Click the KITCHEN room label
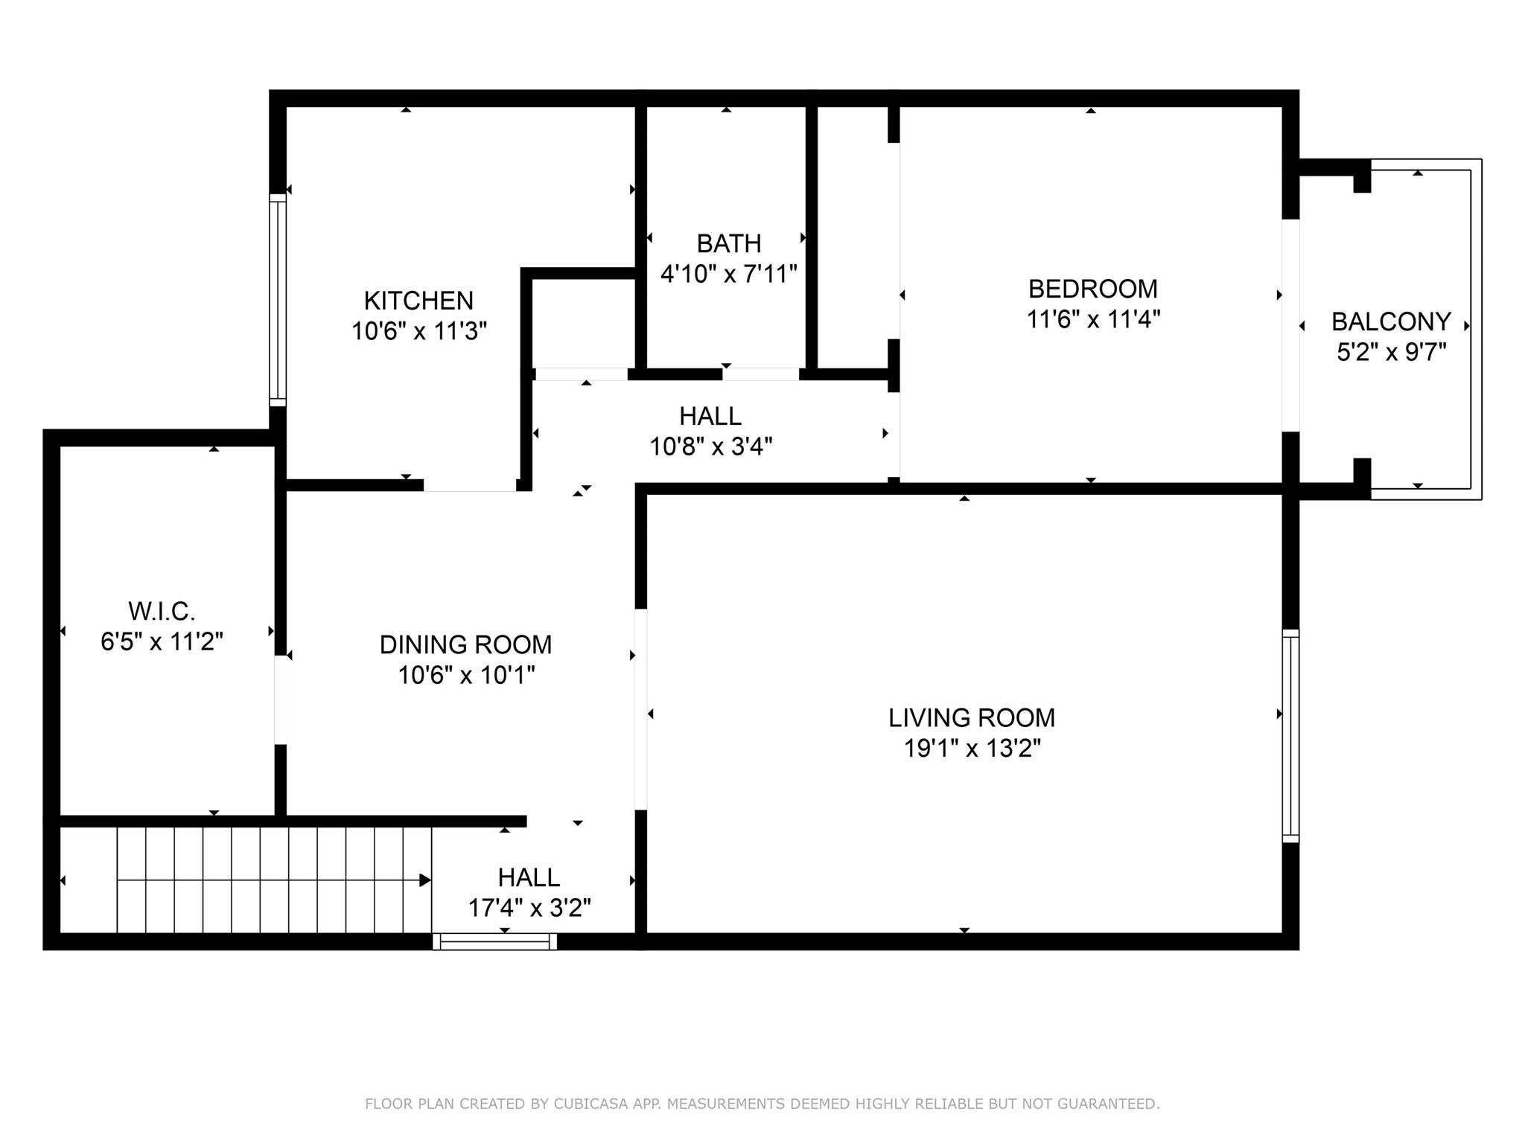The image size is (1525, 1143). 418,301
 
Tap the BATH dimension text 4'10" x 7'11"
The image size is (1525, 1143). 729,274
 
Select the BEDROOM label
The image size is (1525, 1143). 1093,289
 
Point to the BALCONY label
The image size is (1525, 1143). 1391,321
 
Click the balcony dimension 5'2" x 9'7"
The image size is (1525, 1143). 1391,352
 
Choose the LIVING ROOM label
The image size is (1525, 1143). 972,717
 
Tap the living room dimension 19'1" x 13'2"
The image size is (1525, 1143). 972,748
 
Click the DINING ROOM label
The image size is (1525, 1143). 466,644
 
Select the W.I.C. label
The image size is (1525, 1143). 162,612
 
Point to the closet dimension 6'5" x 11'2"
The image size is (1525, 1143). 162,641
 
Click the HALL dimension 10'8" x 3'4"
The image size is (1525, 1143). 711,446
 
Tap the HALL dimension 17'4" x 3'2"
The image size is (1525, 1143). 529,908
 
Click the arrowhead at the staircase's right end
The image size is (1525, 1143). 425,880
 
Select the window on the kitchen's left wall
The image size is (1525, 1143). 277,300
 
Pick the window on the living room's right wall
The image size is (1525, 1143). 1290,736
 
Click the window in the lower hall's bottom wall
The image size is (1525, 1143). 494,941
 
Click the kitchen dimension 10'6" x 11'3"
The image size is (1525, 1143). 419,331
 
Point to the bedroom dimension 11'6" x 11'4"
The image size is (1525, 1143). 1093,319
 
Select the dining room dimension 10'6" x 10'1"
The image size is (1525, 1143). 466,675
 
